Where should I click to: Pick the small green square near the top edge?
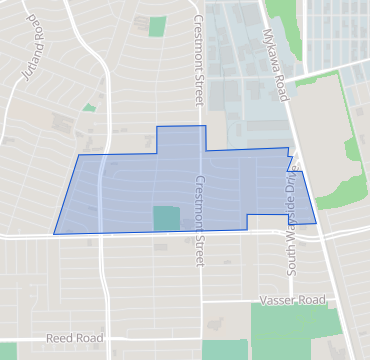click(x=157, y=26)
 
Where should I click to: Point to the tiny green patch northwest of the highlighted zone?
click(x=89, y=107)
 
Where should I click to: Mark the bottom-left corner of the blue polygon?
click(x=54, y=234)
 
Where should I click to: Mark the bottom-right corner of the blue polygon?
click(x=316, y=223)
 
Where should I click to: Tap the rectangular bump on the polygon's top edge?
click(x=181, y=138)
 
